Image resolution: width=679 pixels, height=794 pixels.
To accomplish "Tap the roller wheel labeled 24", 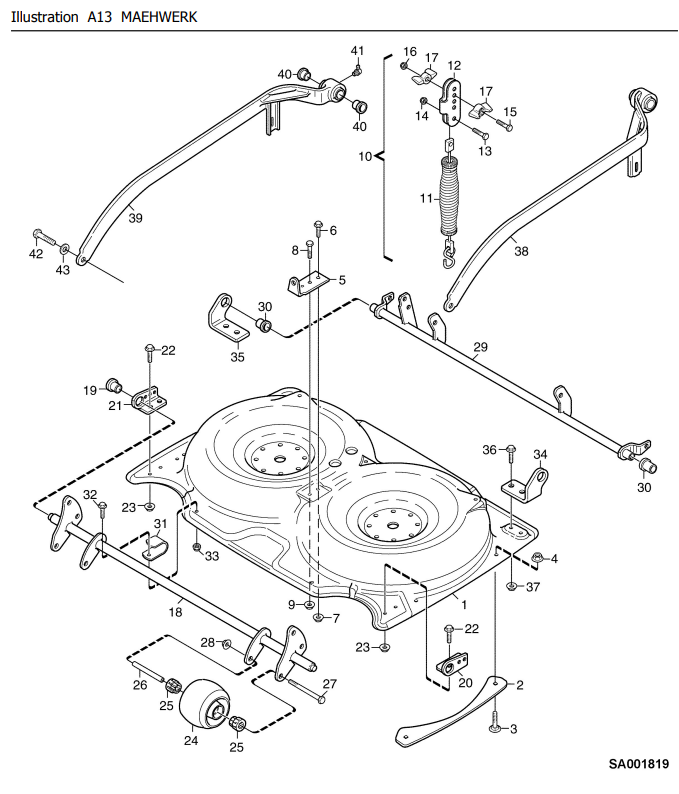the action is (205, 704).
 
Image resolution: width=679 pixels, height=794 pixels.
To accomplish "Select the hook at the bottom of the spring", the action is (448, 254).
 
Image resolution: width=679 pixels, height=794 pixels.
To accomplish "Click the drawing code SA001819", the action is (638, 764).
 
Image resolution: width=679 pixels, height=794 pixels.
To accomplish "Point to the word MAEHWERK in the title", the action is (159, 17).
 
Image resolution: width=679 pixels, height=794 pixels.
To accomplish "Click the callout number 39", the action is (135, 218).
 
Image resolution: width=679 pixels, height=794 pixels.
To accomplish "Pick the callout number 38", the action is (521, 251).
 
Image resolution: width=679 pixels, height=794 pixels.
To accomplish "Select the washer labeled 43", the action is (65, 250).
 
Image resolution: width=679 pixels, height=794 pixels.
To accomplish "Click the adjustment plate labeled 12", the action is (452, 100).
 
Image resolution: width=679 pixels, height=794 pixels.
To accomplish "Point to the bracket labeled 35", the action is (227, 319).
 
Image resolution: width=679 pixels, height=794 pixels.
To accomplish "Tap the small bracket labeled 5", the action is (308, 283).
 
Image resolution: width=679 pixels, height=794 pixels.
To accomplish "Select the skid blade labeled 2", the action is (451, 710).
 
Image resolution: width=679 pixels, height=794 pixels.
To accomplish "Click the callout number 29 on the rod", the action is (480, 347).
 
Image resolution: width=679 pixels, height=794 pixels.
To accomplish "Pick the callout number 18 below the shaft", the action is (175, 612).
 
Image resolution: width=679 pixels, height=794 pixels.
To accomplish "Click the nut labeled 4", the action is (537, 558).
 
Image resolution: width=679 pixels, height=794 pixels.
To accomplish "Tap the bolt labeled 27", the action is (307, 690).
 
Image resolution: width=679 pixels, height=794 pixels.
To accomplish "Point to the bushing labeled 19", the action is (113, 386).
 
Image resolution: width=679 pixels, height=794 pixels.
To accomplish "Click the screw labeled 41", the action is (357, 69).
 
